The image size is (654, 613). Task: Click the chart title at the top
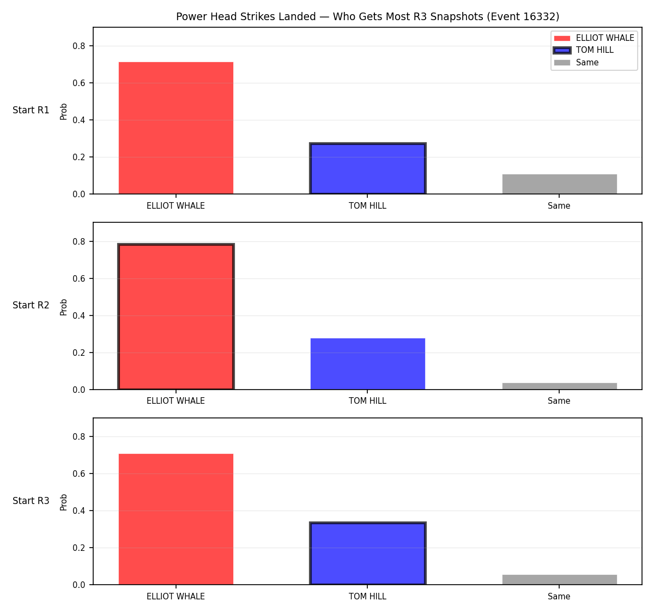point(367,16)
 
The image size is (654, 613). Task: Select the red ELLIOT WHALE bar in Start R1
point(176,128)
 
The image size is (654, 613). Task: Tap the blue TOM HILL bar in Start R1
point(367,168)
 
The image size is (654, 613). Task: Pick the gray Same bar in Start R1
point(559,184)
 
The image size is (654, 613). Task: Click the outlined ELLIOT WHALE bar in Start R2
point(176,317)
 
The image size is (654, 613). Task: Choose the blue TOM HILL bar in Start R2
point(367,363)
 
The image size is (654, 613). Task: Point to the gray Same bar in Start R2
point(559,386)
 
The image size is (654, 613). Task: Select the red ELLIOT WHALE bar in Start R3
point(176,519)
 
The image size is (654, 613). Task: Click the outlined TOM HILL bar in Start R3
point(367,554)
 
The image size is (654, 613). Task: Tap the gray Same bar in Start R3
point(559,580)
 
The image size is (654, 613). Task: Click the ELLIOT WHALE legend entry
point(594,38)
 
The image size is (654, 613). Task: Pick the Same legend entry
point(576,62)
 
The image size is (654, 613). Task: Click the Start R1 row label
point(31,110)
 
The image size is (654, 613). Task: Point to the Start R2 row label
point(31,305)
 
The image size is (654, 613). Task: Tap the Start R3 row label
point(31,501)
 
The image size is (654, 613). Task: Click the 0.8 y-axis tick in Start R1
point(78,46)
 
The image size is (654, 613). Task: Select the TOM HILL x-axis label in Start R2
point(367,401)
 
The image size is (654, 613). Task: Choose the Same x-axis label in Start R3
point(559,596)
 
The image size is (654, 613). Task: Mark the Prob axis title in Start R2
point(64,307)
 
